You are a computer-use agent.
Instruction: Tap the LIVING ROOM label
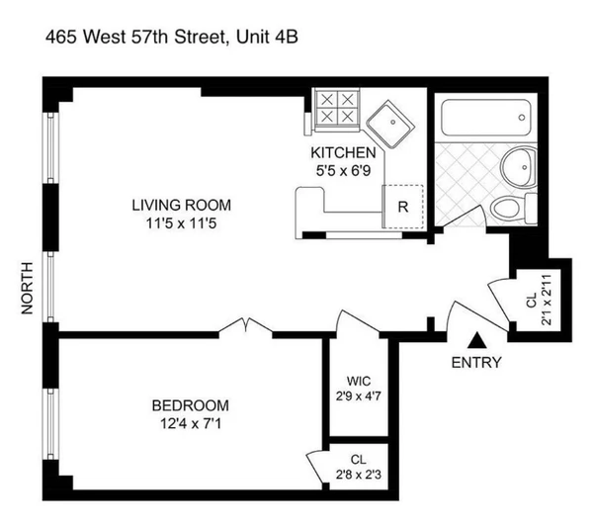tap(181, 206)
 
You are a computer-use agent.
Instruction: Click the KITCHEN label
tap(343, 152)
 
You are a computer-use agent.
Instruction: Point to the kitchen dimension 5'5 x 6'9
tap(343, 169)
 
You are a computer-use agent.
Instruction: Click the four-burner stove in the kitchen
tap(336, 108)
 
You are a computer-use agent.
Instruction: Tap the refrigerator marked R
tap(401, 208)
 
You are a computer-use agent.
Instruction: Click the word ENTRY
tap(475, 362)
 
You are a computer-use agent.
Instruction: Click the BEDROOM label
tap(190, 405)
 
